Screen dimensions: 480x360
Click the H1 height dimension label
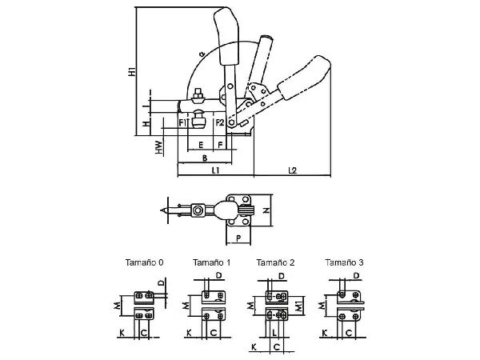pyautogui.click(x=132, y=71)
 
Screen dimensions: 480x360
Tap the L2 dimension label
pyautogui.click(x=293, y=170)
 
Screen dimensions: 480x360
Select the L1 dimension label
pyautogui.click(x=216, y=170)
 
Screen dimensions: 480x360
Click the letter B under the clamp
pyautogui.click(x=205, y=158)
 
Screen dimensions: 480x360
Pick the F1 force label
pyautogui.click(x=182, y=122)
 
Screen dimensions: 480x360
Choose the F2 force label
pyautogui.click(x=220, y=122)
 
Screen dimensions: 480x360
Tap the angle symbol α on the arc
pyautogui.click(x=202, y=54)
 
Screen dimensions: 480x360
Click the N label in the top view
pyautogui.click(x=266, y=210)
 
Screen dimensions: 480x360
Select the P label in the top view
pyautogui.click(x=238, y=238)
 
